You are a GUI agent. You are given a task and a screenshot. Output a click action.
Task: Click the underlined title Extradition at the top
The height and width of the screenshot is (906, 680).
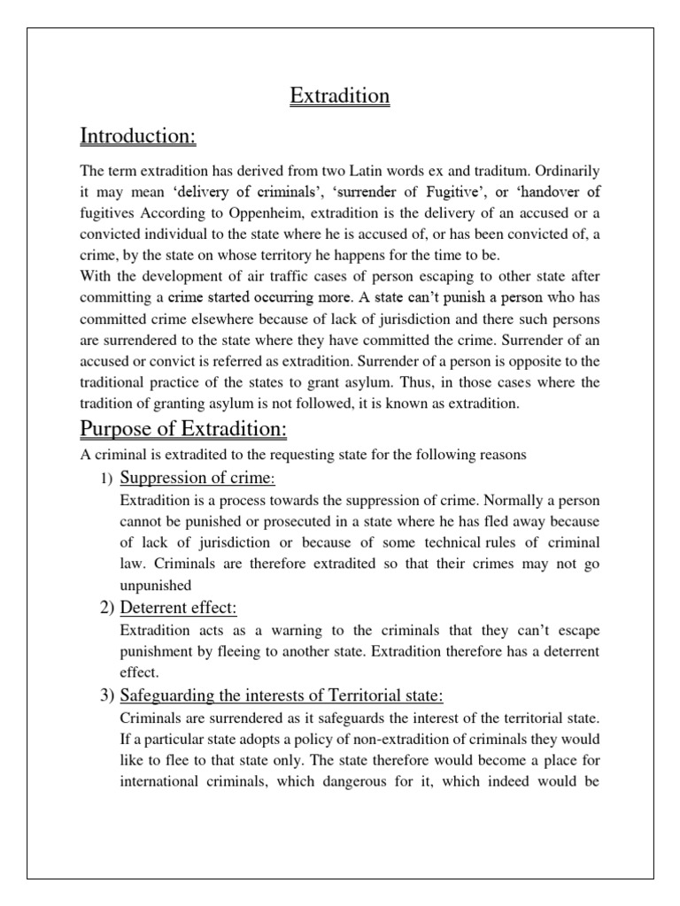pos(340,96)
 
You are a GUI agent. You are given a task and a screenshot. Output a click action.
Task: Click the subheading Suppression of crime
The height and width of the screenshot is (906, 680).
pos(197,479)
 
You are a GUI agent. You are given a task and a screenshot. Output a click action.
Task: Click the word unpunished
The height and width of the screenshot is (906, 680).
pos(156,586)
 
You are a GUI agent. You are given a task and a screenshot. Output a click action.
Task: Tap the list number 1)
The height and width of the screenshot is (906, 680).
pos(104,480)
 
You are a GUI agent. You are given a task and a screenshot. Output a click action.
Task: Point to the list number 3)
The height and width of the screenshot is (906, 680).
pos(104,694)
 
